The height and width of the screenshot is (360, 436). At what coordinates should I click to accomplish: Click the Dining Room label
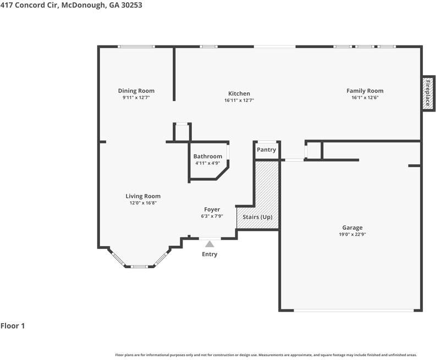pos(136,91)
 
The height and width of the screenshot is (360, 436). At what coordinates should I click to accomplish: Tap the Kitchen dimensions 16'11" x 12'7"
pos(239,100)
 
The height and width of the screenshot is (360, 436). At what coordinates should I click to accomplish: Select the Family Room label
pos(365,91)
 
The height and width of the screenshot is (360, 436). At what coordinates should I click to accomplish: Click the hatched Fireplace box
pos(428,93)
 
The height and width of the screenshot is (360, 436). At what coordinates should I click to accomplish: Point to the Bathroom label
pos(208,156)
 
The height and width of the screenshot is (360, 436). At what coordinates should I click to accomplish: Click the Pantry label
pos(266,149)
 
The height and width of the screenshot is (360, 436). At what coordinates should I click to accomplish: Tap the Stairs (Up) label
pos(257,217)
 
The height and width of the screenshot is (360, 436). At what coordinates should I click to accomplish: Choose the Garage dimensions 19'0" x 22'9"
pos(352,234)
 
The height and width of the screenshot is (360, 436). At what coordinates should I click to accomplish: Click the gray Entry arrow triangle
pos(209,244)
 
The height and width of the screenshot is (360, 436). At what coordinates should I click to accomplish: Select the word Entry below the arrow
pos(209,254)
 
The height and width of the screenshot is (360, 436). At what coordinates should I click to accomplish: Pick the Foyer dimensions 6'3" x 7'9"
pos(212,216)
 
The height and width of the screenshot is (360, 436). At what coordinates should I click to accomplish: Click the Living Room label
pos(143,196)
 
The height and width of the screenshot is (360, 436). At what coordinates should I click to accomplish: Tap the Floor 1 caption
pos(13,326)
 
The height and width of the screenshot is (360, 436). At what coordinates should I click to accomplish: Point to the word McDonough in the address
pos(84,5)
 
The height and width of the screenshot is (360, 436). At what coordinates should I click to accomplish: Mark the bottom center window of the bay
pos(139,267)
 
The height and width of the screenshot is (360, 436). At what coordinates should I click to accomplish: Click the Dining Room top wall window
pos(136,47)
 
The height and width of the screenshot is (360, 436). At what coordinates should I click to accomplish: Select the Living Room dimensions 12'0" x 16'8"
pos(143,203)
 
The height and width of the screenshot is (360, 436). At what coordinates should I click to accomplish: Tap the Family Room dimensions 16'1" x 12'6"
pos(365,97)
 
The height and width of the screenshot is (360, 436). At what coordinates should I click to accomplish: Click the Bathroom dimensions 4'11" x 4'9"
pos(208,163)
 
